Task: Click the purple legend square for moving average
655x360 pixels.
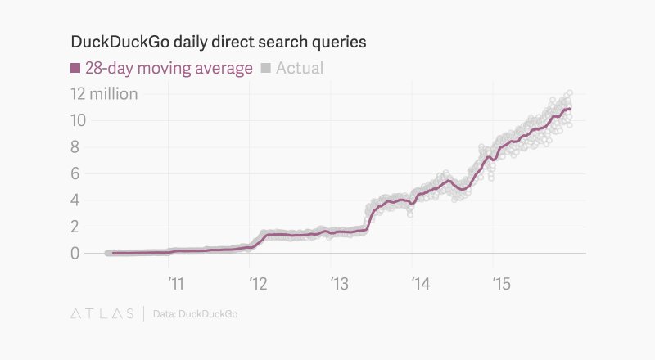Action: point(76,68)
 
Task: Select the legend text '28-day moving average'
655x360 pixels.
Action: point(169,68)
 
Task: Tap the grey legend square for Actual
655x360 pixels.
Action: point(266,68)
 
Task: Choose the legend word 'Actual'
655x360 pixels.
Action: point(300,68)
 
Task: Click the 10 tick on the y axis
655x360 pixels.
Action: point(79,120)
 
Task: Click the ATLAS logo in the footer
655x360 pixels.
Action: point(101,313)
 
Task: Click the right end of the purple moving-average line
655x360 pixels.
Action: point(571,108)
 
